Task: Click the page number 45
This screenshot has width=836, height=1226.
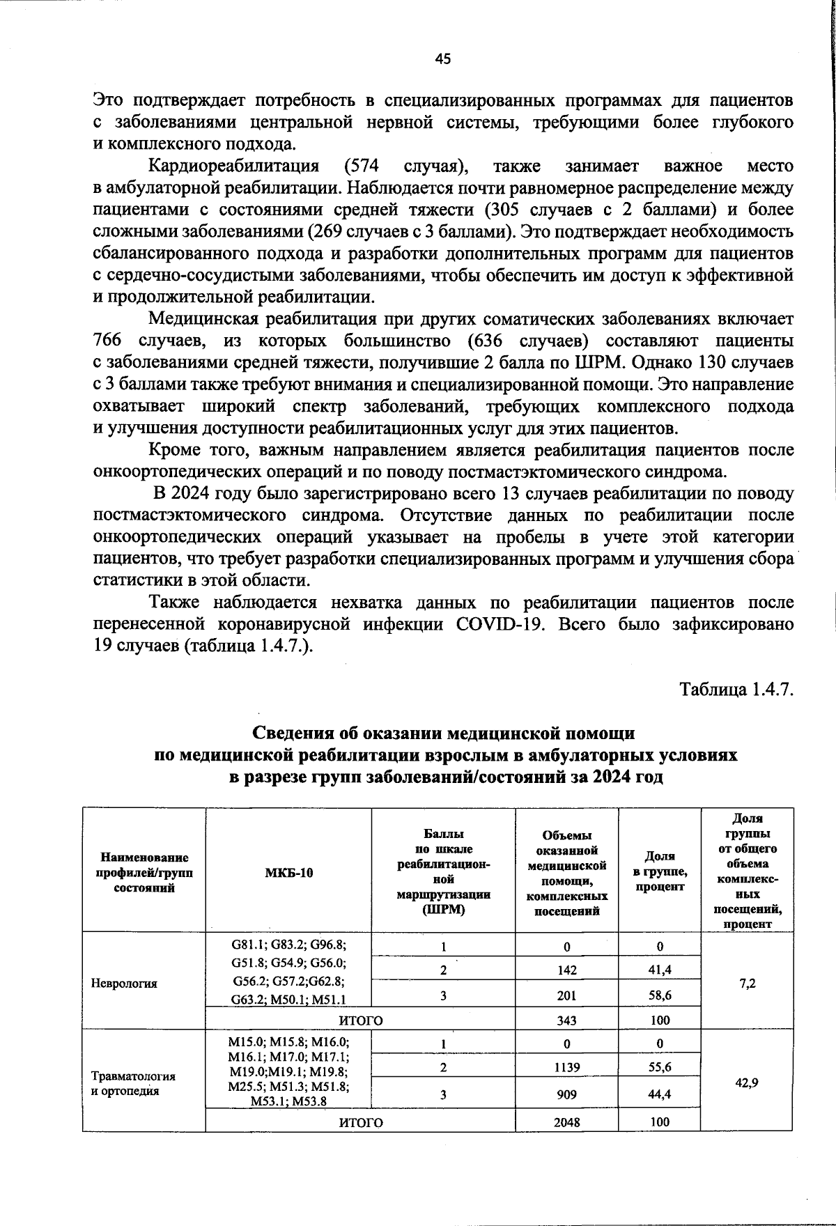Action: pos(443,59)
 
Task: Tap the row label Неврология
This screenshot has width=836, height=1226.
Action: pos(124,984)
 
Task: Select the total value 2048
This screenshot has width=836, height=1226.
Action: pos(566,1122)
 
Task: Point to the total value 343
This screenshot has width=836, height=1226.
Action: pos(566,1021)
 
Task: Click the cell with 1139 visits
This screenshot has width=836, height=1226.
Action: pos(566,1066)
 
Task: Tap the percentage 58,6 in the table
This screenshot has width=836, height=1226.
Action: pos(659,995)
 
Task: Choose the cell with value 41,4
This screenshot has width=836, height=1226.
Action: pos(659,970)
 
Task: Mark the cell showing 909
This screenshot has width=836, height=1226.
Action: pos(566,1094)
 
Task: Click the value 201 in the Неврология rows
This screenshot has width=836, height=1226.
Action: pos(566,995)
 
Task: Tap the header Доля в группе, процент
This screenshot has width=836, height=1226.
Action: pos(659,871)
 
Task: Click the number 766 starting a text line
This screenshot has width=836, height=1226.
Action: pos(108,341)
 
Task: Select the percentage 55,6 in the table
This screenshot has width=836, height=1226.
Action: pos(659,1066)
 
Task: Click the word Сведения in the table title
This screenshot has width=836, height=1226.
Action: pos(292,734)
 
